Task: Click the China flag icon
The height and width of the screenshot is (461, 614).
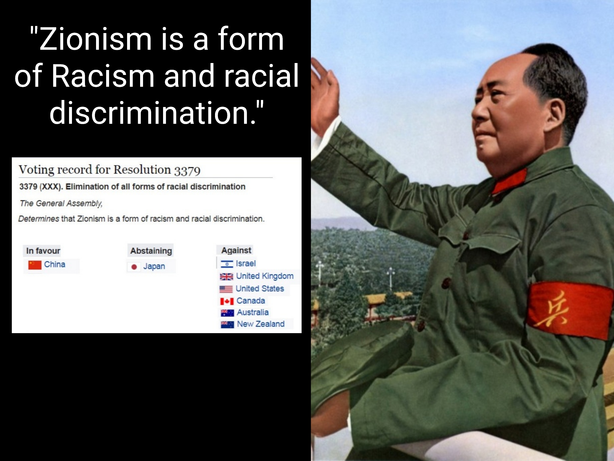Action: (35, 265)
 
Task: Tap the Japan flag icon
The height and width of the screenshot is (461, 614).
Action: (134, 267)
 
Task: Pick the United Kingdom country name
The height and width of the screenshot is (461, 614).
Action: (265, 276)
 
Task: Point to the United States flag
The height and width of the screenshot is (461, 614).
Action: (226, 289)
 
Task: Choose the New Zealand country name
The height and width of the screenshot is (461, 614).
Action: (261, 324)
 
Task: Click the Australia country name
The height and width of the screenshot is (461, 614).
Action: (253, 312)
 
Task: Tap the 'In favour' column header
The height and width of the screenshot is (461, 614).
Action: (43, 251)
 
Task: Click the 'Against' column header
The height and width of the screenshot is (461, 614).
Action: (236, 250)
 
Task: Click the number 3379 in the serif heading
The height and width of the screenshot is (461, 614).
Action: (187, 171)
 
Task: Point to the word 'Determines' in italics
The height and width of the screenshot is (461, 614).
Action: (39, 219)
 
